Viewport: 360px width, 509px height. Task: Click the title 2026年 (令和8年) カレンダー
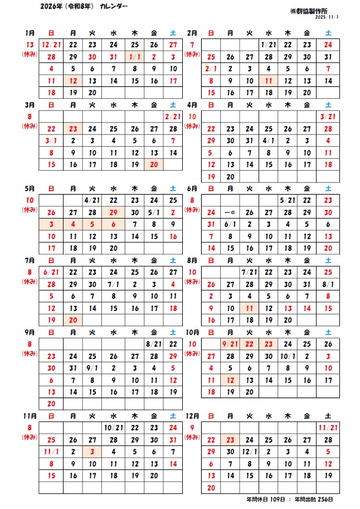point(84,6)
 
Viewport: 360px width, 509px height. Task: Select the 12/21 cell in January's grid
point(51,45)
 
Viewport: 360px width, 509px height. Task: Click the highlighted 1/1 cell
point(134,57)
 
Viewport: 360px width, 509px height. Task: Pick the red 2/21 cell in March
point(173,117)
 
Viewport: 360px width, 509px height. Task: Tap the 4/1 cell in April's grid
point(268,141)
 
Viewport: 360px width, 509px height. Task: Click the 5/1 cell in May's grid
point(154,212)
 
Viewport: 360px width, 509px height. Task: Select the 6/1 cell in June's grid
point(230,224)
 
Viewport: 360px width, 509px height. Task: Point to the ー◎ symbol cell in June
point(230,212)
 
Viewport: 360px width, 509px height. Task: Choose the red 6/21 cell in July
point(51,272)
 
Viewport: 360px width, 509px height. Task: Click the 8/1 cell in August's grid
point(328,284)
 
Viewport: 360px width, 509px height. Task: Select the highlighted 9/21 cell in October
point(230,344)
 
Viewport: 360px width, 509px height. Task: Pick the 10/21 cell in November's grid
point(113,428)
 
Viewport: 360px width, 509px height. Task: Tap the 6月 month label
point(192,188)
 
